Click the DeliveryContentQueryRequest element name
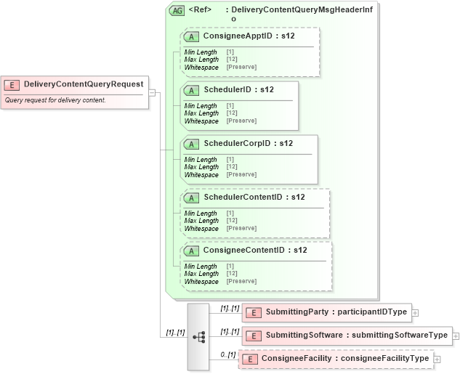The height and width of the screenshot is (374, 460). (84, 84)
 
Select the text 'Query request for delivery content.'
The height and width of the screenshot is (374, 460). (55, 100)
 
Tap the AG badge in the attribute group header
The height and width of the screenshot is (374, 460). (177, 11)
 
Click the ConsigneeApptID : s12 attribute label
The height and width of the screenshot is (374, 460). (249, 36)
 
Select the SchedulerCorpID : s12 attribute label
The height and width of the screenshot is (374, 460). (248, 143)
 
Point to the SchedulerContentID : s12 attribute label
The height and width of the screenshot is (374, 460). (254, 197)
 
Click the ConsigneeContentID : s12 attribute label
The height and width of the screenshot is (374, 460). (255, 250)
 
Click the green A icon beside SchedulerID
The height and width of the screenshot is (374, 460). (192, 90)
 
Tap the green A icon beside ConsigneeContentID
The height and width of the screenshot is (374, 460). (192, 251)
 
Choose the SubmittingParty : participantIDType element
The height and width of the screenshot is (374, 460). (326, 312)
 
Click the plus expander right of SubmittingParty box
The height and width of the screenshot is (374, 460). (416, 313)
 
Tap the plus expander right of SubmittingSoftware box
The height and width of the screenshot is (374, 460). (456, 336)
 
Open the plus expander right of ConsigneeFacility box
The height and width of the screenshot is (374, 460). (437, 359)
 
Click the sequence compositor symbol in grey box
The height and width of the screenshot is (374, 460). (198, 336)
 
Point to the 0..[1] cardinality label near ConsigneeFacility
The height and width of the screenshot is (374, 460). (228, 354)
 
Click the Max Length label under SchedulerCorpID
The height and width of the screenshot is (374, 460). (201, 167)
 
